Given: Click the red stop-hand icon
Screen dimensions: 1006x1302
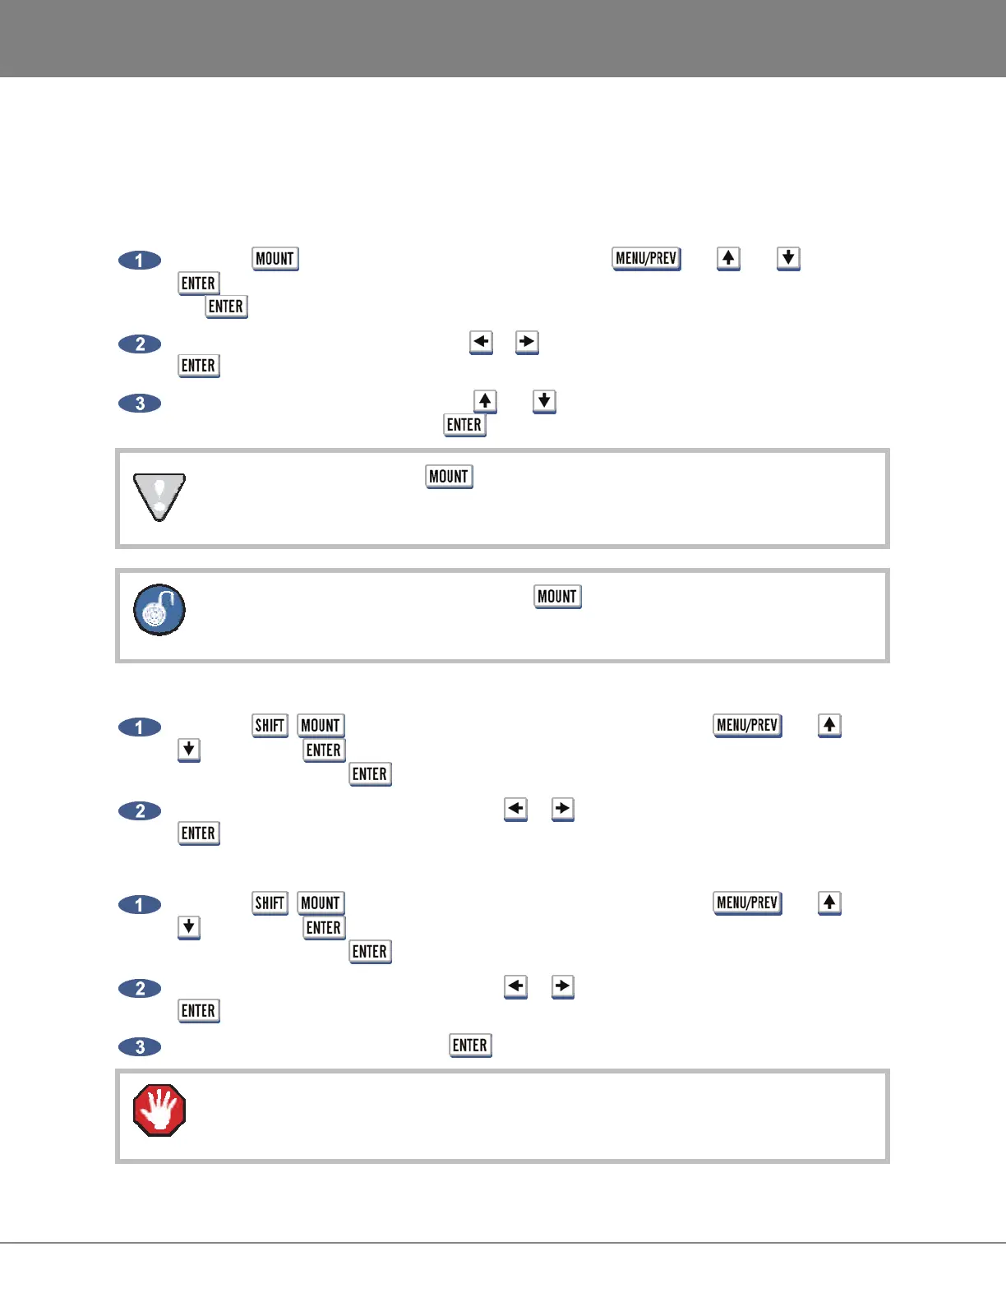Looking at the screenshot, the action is (159, 1110).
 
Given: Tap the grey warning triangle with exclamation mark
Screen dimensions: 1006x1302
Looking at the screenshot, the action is (159, 496).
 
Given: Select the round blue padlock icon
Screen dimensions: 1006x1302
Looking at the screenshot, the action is (159, 610).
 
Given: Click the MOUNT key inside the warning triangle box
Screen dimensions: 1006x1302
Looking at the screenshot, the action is (449, 477).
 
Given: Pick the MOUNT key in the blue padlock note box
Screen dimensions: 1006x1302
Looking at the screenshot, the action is (557, 597).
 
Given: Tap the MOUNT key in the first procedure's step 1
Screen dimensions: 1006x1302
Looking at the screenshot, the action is (275, 259).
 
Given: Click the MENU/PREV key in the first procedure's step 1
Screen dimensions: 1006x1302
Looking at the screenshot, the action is (647, 258).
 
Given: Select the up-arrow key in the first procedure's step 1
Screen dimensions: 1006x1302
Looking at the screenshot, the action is (728, 258).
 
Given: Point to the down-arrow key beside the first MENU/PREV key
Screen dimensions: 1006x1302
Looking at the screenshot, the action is (788, 258).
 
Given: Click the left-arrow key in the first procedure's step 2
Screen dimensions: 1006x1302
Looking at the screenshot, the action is (481, 342).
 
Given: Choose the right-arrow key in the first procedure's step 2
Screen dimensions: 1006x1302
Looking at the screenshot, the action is (527, 342).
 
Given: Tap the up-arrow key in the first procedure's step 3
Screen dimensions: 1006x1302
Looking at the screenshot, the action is (486, 401).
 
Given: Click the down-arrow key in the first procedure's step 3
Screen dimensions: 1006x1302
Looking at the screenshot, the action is (544, 401).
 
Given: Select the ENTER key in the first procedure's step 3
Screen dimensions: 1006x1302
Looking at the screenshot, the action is (464, 425).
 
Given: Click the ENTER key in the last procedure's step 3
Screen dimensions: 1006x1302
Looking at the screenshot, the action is (470, 1046).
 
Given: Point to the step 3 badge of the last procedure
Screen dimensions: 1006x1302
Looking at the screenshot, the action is (140, 1047).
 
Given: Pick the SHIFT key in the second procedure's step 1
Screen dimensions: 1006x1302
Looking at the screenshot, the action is (270, 725).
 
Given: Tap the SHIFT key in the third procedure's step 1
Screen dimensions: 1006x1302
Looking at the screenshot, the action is (270, 903).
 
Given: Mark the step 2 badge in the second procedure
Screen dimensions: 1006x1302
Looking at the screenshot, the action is (140, 811).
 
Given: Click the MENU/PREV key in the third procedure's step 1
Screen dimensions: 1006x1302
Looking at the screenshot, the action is (747, 903).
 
